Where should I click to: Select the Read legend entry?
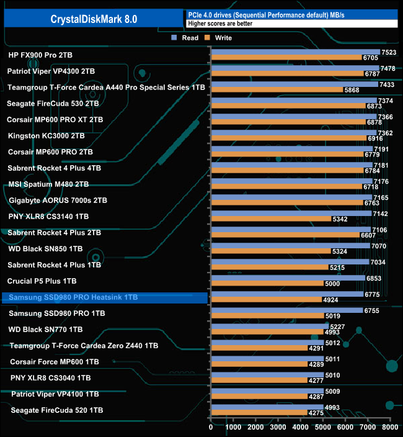pyautogui.click(x=187, y=38)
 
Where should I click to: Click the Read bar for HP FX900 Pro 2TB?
pyautogui.click(x=295, y=53)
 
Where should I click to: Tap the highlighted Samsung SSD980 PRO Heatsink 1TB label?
pyautogui.click(x=73, y=298)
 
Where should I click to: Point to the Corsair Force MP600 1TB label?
pyautogui.click(x=55, y=361)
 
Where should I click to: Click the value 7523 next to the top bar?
pyautogui.click(x=388, y=53)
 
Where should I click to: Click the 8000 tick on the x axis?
pyautogui.click(x=390, y=428)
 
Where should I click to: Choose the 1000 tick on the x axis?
pyautogui.click(x=234, y=428)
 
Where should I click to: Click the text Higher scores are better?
pyautogui.click(x=216, y=24)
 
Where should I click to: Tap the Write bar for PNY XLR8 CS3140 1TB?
pyautogui.click(x=271, y=219)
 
